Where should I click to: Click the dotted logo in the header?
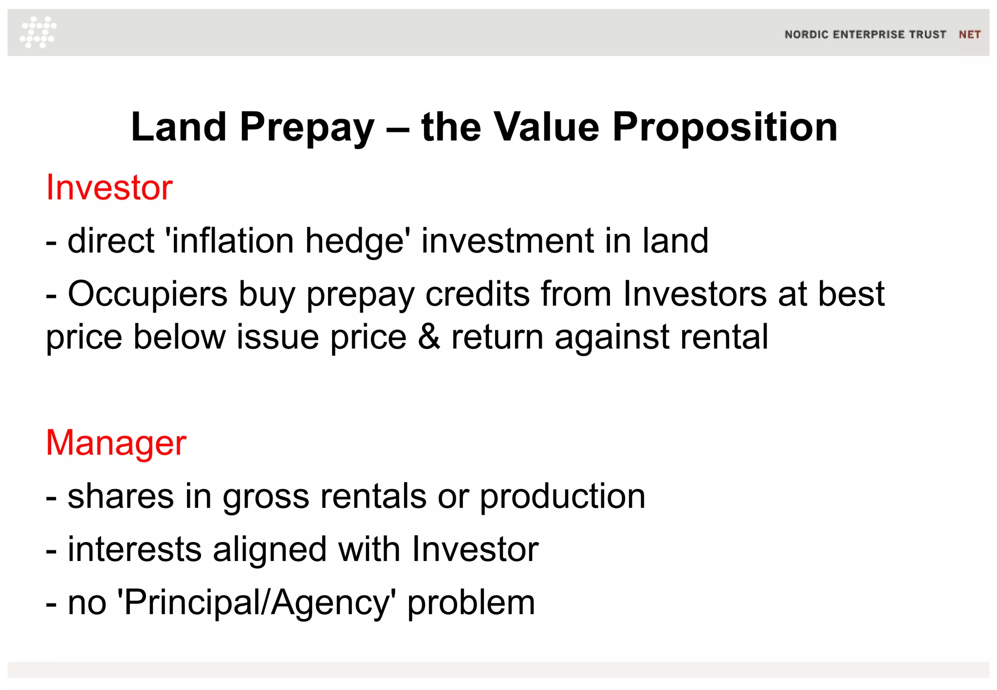(38, 32)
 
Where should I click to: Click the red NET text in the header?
(969, 35)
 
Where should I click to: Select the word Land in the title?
(179, 127)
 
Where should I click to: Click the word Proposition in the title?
(725, 127)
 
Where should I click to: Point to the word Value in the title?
(546, 127)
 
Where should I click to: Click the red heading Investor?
(109, 187)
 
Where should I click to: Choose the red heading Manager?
(116, 443)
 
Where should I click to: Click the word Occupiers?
(148, 294)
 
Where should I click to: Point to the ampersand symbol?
(429, 337)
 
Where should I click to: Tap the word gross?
(266, 496)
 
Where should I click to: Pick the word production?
(562, 496)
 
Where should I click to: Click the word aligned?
(270, 549)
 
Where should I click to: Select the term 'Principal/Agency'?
(257, 602)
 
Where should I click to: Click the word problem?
(471, 602)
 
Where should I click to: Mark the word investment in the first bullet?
(508, 241)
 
